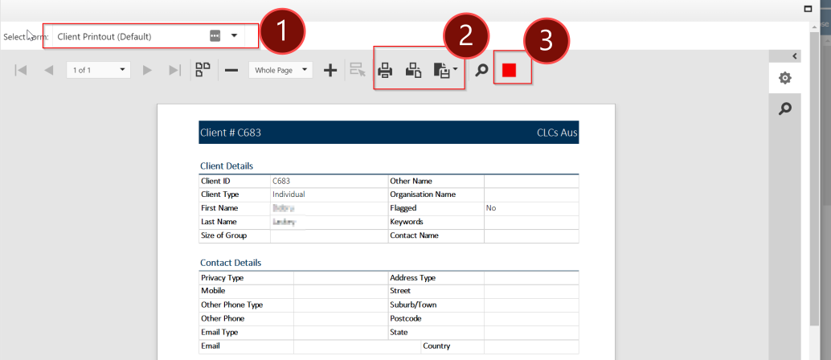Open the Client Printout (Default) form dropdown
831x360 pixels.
(234, 36)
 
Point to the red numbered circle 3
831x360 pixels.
(546, 41)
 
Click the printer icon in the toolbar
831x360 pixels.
(385, 71)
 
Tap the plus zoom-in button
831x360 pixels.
(330, 71)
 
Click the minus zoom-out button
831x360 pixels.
(231, 71)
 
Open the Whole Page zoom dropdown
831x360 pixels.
(280, 71)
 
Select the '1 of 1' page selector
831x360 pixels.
(98, 71)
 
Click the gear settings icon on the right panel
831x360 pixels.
(785, 78)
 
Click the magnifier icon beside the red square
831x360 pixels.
(481, 71)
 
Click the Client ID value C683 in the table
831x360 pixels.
(281, 181)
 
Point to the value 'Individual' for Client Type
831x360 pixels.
(289, 194)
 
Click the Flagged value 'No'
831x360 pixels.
(491, 208)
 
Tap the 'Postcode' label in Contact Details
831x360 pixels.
(407, 318)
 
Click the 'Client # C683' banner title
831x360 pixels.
(230, 133)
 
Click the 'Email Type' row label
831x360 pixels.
(219, 332)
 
